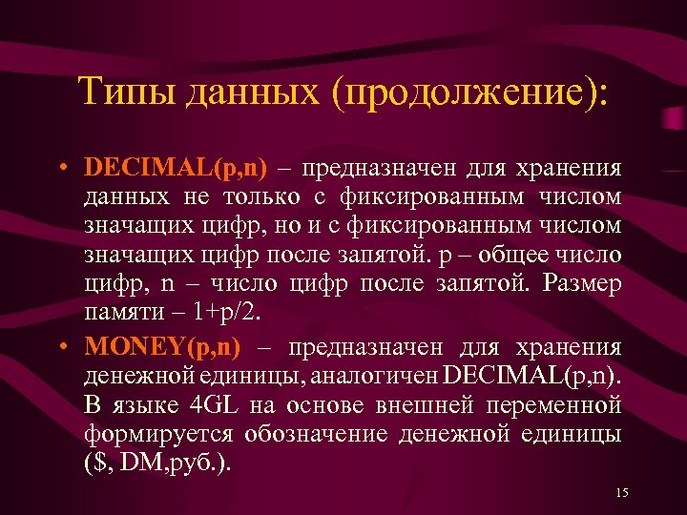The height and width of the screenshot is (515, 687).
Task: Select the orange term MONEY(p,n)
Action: [162, 346]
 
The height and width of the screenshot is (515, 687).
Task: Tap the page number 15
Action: [622, 492]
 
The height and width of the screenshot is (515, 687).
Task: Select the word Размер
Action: [587, 285]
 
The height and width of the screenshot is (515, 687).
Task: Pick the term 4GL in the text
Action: [213, 405]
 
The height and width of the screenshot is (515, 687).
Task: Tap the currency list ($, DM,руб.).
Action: [156, 463]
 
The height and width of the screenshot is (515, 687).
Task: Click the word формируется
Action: [144, 434]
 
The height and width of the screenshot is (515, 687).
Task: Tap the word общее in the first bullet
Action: [520, 257]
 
